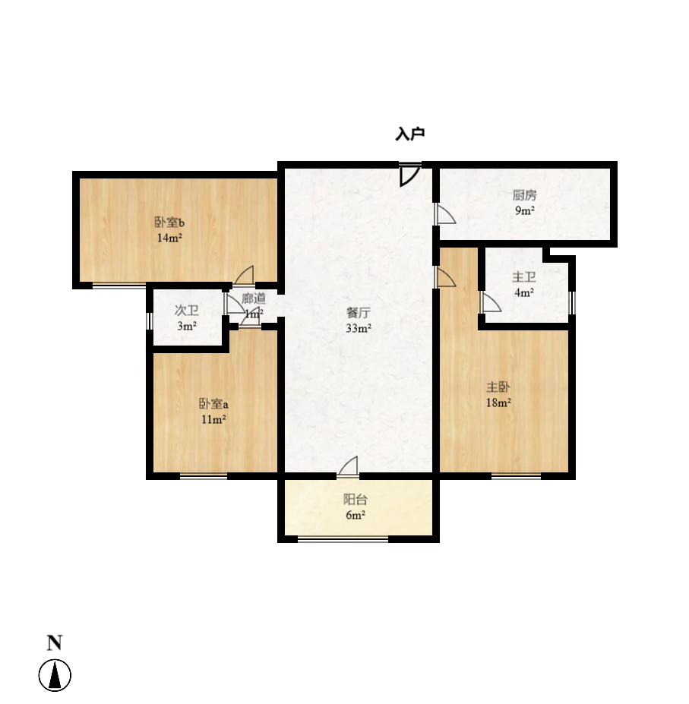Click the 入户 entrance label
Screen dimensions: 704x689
409,134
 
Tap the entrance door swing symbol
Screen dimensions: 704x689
409,175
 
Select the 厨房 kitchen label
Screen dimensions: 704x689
524,195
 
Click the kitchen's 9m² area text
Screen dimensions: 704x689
524,211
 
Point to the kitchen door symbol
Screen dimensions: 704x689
444,215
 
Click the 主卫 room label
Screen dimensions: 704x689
524,277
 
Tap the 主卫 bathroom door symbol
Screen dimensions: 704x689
490,303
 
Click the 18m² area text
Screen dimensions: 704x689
498,403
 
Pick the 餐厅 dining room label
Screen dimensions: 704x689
359,312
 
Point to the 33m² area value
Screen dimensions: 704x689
359,329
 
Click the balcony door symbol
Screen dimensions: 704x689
348,466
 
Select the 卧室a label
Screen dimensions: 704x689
214,403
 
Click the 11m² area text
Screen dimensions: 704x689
214,419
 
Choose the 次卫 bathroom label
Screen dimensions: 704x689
187,310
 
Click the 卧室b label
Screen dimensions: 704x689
170,223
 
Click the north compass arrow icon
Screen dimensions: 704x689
55,675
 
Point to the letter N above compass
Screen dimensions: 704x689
55,643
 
